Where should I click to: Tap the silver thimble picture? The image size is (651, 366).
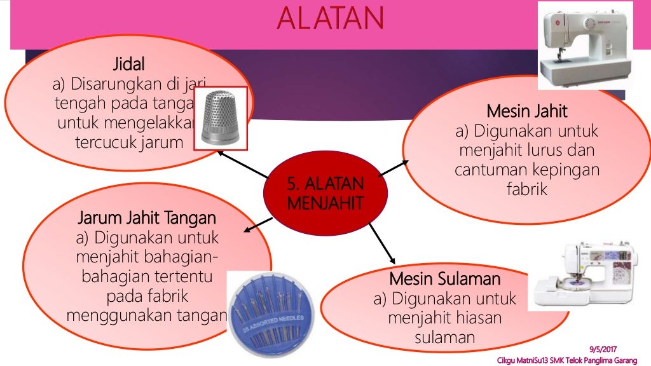[221, 117]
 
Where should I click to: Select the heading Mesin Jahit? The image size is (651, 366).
[526, 111]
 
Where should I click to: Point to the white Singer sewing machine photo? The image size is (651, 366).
[585, 45]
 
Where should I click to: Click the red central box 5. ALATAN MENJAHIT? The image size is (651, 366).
[325, 194]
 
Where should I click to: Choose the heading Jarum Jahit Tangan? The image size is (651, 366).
[147, 219]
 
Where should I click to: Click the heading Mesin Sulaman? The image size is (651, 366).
[445, 279]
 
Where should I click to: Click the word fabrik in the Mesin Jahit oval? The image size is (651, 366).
[526, 189]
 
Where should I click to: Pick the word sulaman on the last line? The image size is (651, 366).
[445, 337]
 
